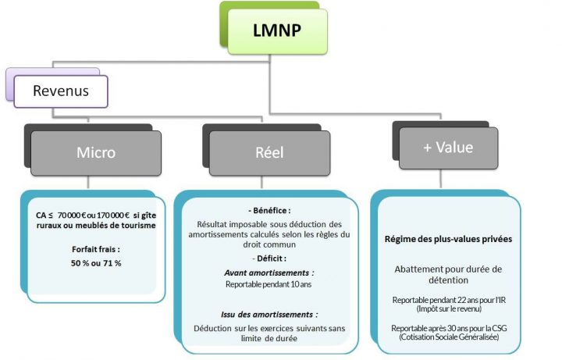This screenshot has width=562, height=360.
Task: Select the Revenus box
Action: pos(60,91)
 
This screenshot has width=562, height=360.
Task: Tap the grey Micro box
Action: pos(95,152)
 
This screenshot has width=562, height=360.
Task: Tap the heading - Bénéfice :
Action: pos(268,211)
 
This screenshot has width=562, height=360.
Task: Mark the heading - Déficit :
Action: pos(268,258)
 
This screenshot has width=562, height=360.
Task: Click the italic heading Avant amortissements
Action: pos(268,273)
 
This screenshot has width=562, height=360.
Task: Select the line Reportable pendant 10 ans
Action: pos(268,285)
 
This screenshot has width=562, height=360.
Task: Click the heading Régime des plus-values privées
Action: pos(448,239)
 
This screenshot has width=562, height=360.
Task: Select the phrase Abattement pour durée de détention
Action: pos(448,274)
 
